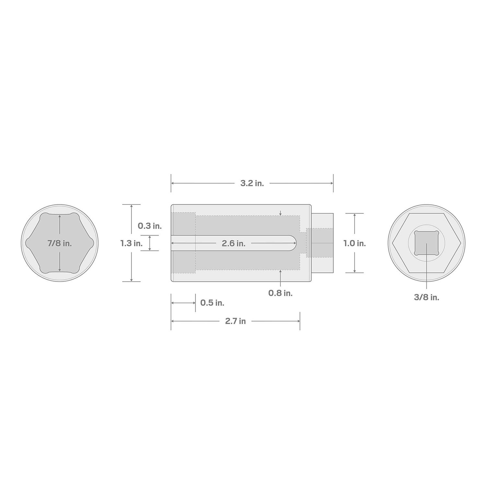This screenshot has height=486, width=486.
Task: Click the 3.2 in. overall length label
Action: [252, 183]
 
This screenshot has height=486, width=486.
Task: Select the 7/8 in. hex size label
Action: [60, 243]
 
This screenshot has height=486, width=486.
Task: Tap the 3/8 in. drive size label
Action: [426, 297]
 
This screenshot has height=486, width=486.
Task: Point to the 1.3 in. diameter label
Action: [131, 243]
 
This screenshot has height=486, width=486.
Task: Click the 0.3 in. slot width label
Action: [150, 226]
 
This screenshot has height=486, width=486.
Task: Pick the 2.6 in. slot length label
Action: [233, 243]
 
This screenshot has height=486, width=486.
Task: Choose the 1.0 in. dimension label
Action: [355, 243]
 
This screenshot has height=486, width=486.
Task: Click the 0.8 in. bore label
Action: [280, 293]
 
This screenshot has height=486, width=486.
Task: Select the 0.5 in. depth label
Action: [212, 303]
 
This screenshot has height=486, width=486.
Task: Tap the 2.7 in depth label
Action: [236, 321]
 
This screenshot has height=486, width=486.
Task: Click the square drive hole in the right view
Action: [426, 243]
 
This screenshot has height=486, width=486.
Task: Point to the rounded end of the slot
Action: [294, 243]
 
